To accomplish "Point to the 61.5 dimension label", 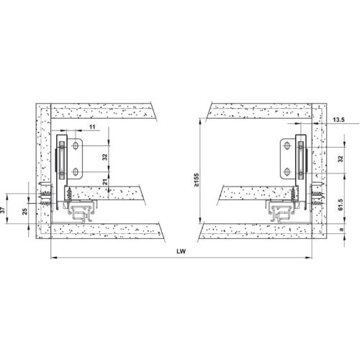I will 340,204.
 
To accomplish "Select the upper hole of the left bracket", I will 76,146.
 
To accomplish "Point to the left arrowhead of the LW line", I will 50,257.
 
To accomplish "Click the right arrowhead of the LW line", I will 310,257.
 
